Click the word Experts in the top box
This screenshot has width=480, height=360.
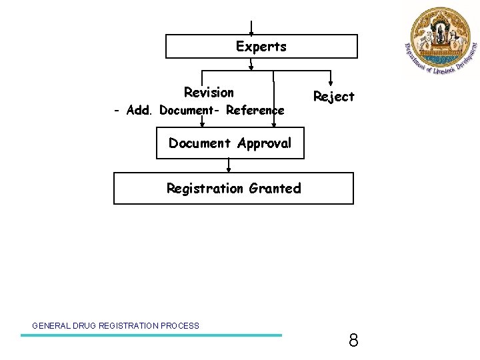click(x=261, y=47)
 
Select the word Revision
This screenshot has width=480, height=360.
click(x=209, y=92)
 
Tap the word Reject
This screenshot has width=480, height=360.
click(x=333, y=97)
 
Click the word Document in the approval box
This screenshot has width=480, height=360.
click(x=197, y=143)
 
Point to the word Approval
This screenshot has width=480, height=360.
click(x=264, y=144)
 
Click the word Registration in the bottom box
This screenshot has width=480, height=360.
click(x=205, y=189)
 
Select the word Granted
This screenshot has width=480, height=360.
click(x=275, y=189)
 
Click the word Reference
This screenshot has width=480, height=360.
click(x=255, y=110)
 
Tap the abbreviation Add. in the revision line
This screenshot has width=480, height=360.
click(x=139, y=110)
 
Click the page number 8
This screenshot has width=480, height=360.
click(x=353, y=341)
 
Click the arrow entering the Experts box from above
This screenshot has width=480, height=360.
click(x=251, y=29)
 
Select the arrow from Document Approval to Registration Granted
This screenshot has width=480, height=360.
click(x=229, y=165)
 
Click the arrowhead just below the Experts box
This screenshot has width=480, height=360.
click(x=251, y=65)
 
